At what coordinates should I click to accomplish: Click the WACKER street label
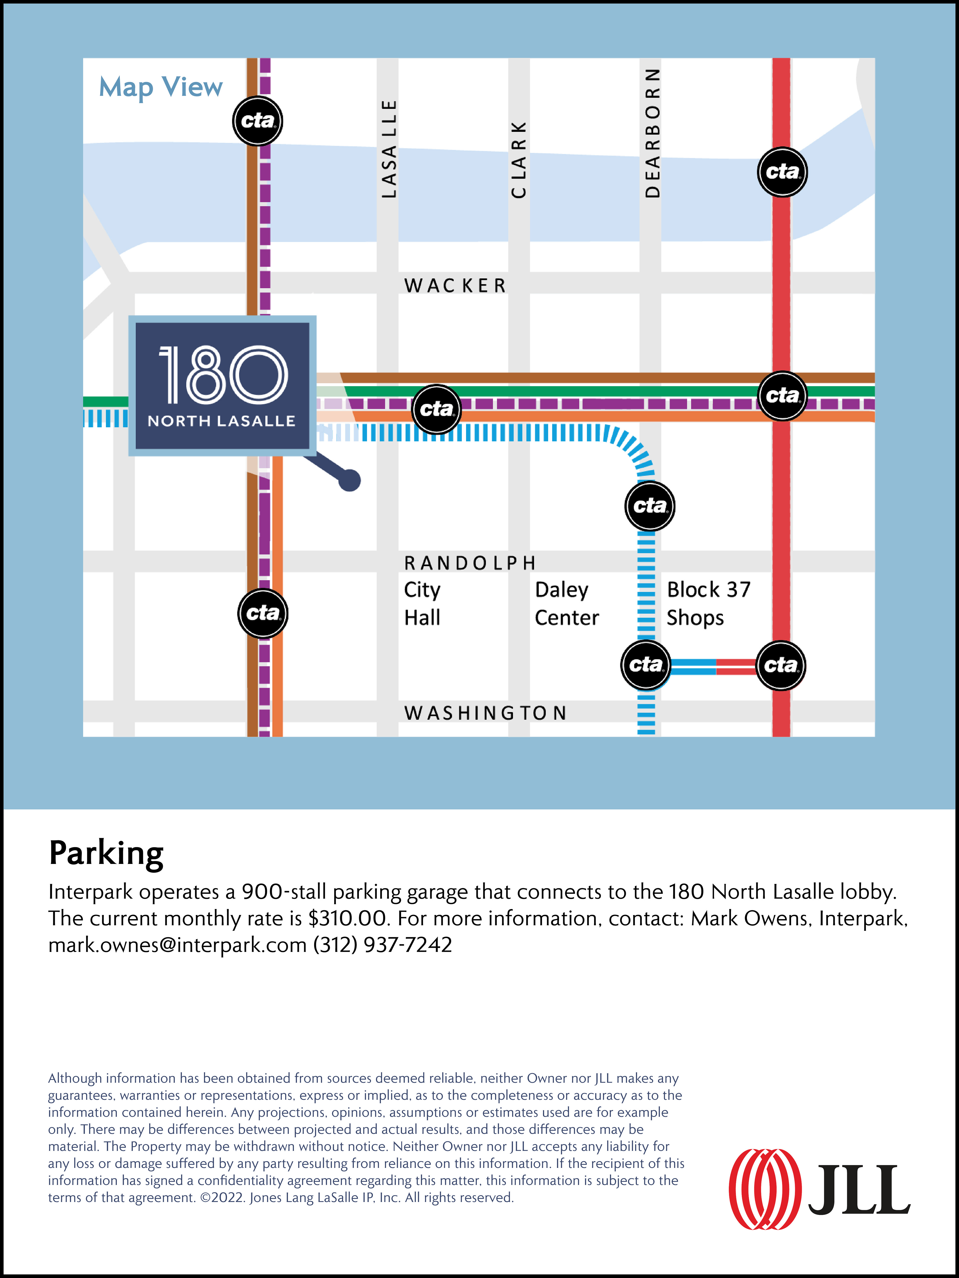pos(455,285)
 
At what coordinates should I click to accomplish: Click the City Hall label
pos(422,604)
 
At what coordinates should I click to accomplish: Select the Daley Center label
pos(566,604)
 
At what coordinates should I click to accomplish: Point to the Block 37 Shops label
pos(708,604)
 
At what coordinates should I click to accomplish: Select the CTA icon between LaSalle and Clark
pos(437,409)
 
